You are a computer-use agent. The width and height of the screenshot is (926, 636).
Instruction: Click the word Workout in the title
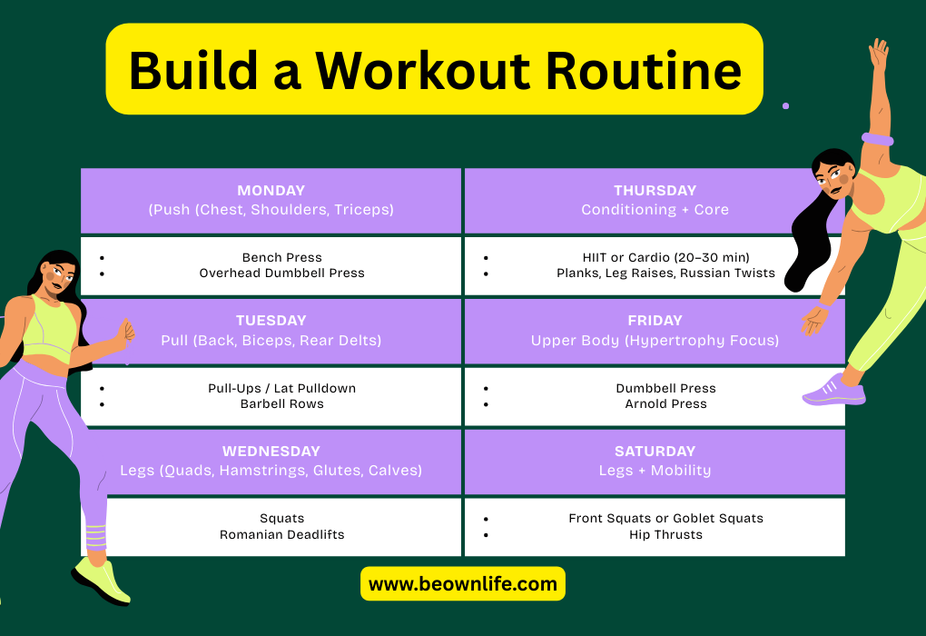pos(423,71)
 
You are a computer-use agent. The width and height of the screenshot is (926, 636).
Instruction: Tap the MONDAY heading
pos(271,190)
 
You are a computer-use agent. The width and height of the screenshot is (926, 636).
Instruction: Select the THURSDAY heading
pos(655,190)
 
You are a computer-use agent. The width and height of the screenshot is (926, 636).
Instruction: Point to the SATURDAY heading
pos(655,451)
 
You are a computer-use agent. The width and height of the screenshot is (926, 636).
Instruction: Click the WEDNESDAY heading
pos(271,451)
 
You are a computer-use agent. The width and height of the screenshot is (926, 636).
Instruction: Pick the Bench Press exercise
pos(281,257)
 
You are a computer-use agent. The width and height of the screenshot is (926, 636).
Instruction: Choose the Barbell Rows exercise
pos(281,403)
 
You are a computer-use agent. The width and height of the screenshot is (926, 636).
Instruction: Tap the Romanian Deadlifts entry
pos(281,534)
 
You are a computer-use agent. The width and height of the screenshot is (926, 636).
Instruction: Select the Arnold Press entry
pos(665,403)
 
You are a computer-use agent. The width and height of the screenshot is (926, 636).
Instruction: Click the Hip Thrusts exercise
pos(665,534)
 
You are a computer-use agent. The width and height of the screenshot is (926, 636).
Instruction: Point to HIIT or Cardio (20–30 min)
pos(665,257)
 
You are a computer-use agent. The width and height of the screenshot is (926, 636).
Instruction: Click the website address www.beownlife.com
pos(462,584)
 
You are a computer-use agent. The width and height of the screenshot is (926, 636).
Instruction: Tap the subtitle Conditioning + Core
pos(655,209)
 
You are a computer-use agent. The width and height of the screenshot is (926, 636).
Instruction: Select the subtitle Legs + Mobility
pos(655,471)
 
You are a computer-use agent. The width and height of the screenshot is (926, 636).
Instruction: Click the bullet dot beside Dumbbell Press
pos(486,389)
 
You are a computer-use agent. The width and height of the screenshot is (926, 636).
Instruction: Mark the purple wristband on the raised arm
pos(878,140)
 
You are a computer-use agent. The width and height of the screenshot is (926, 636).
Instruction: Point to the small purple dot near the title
pos(785,105)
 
